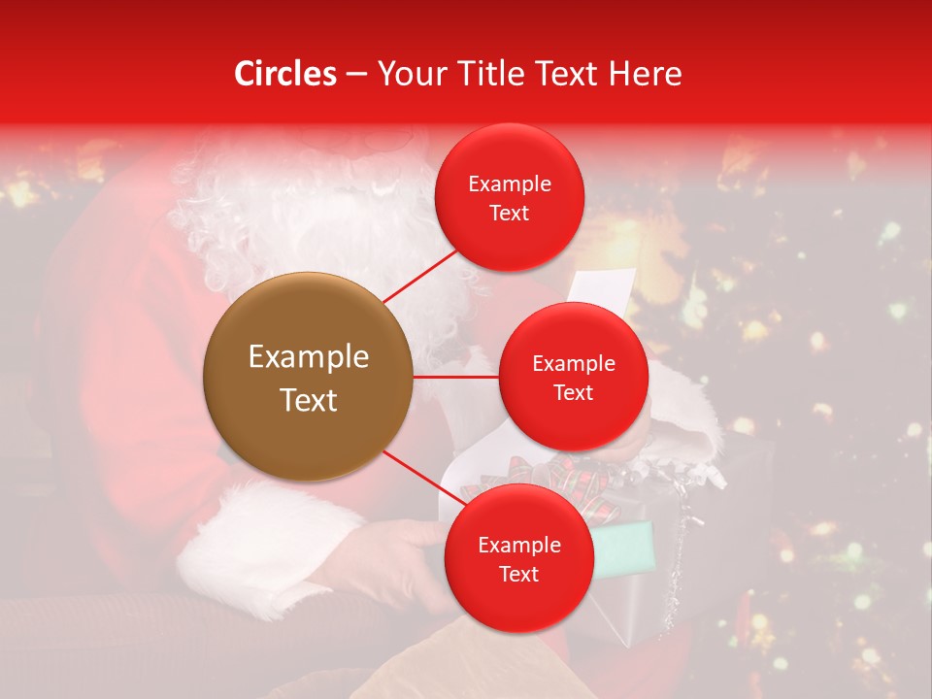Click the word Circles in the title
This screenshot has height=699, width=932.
tap(285, 74)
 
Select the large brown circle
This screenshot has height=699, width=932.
tap(308, 377)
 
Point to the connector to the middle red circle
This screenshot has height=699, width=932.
tap(455, 376)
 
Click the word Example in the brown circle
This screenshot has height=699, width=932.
tap(309, 357)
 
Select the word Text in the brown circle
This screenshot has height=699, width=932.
tap(309, 400)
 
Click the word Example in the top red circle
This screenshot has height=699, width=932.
tap(510, 183)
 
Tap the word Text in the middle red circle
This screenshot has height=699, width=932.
tap(573, 392)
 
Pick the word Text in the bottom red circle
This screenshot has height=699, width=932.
tap(518, 574)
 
